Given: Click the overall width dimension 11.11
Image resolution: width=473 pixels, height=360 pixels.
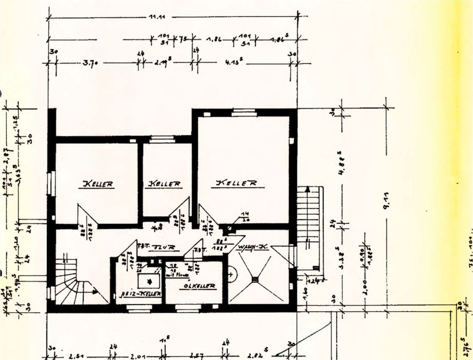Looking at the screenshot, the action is [157, 16].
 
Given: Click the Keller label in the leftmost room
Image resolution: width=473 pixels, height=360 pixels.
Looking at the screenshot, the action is [98, 184].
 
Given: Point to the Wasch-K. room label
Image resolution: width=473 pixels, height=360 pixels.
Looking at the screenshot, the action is [253, 247].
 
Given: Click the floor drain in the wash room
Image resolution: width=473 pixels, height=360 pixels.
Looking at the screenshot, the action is [255, 280].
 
